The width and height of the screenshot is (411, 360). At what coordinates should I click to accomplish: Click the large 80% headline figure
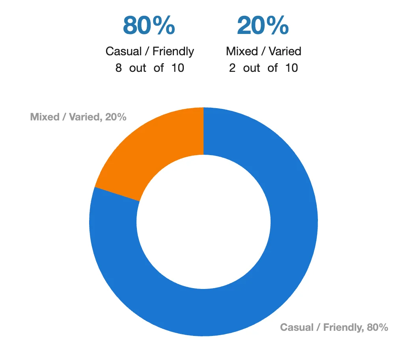pyautogui.click(x=149, y=25)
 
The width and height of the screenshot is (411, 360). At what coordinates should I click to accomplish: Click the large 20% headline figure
pyautogui.click(x=263, y=25)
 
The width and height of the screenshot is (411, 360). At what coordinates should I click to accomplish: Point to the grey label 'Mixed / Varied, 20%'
pyautogui.click(x=78, y=117)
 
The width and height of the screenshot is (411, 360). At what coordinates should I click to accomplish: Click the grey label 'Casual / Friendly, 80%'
pyautogui.click(x=334, y=327)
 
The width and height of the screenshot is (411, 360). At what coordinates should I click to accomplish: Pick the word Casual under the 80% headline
pyautogui.click(x=124, y=51)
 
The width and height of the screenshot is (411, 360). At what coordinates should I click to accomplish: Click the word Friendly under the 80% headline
pyautogui.click(x=173, y=51)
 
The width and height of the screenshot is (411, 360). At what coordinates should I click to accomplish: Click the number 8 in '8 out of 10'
pyautogui.click(x=118, y=68)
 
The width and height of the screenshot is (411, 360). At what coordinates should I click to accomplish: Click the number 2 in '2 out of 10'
pyautogui.click(x=232, y=68)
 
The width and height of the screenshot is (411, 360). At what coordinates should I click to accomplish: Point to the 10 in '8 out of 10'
pyautogui.click(x=177, y=68)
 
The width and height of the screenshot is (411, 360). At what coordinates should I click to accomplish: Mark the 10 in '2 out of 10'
pyautogui.click(x=291, y=68)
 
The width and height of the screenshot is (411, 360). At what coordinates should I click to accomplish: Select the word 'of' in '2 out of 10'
pyautogui.click(x=273, y=68)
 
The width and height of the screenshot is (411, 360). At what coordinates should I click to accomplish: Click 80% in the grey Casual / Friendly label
pyautogui.click(x=377, y=327)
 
